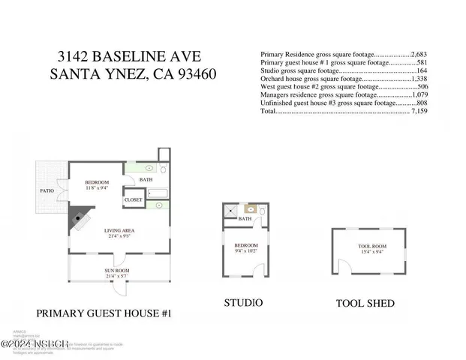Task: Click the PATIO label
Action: tap(47, 190)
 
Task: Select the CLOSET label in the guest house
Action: tap(134, 200)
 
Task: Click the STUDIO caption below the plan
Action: tap(243, 303)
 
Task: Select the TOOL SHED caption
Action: tap(365, 304)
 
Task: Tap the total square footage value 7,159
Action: tap(421, 111)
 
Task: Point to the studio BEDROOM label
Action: tap(246, 245)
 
